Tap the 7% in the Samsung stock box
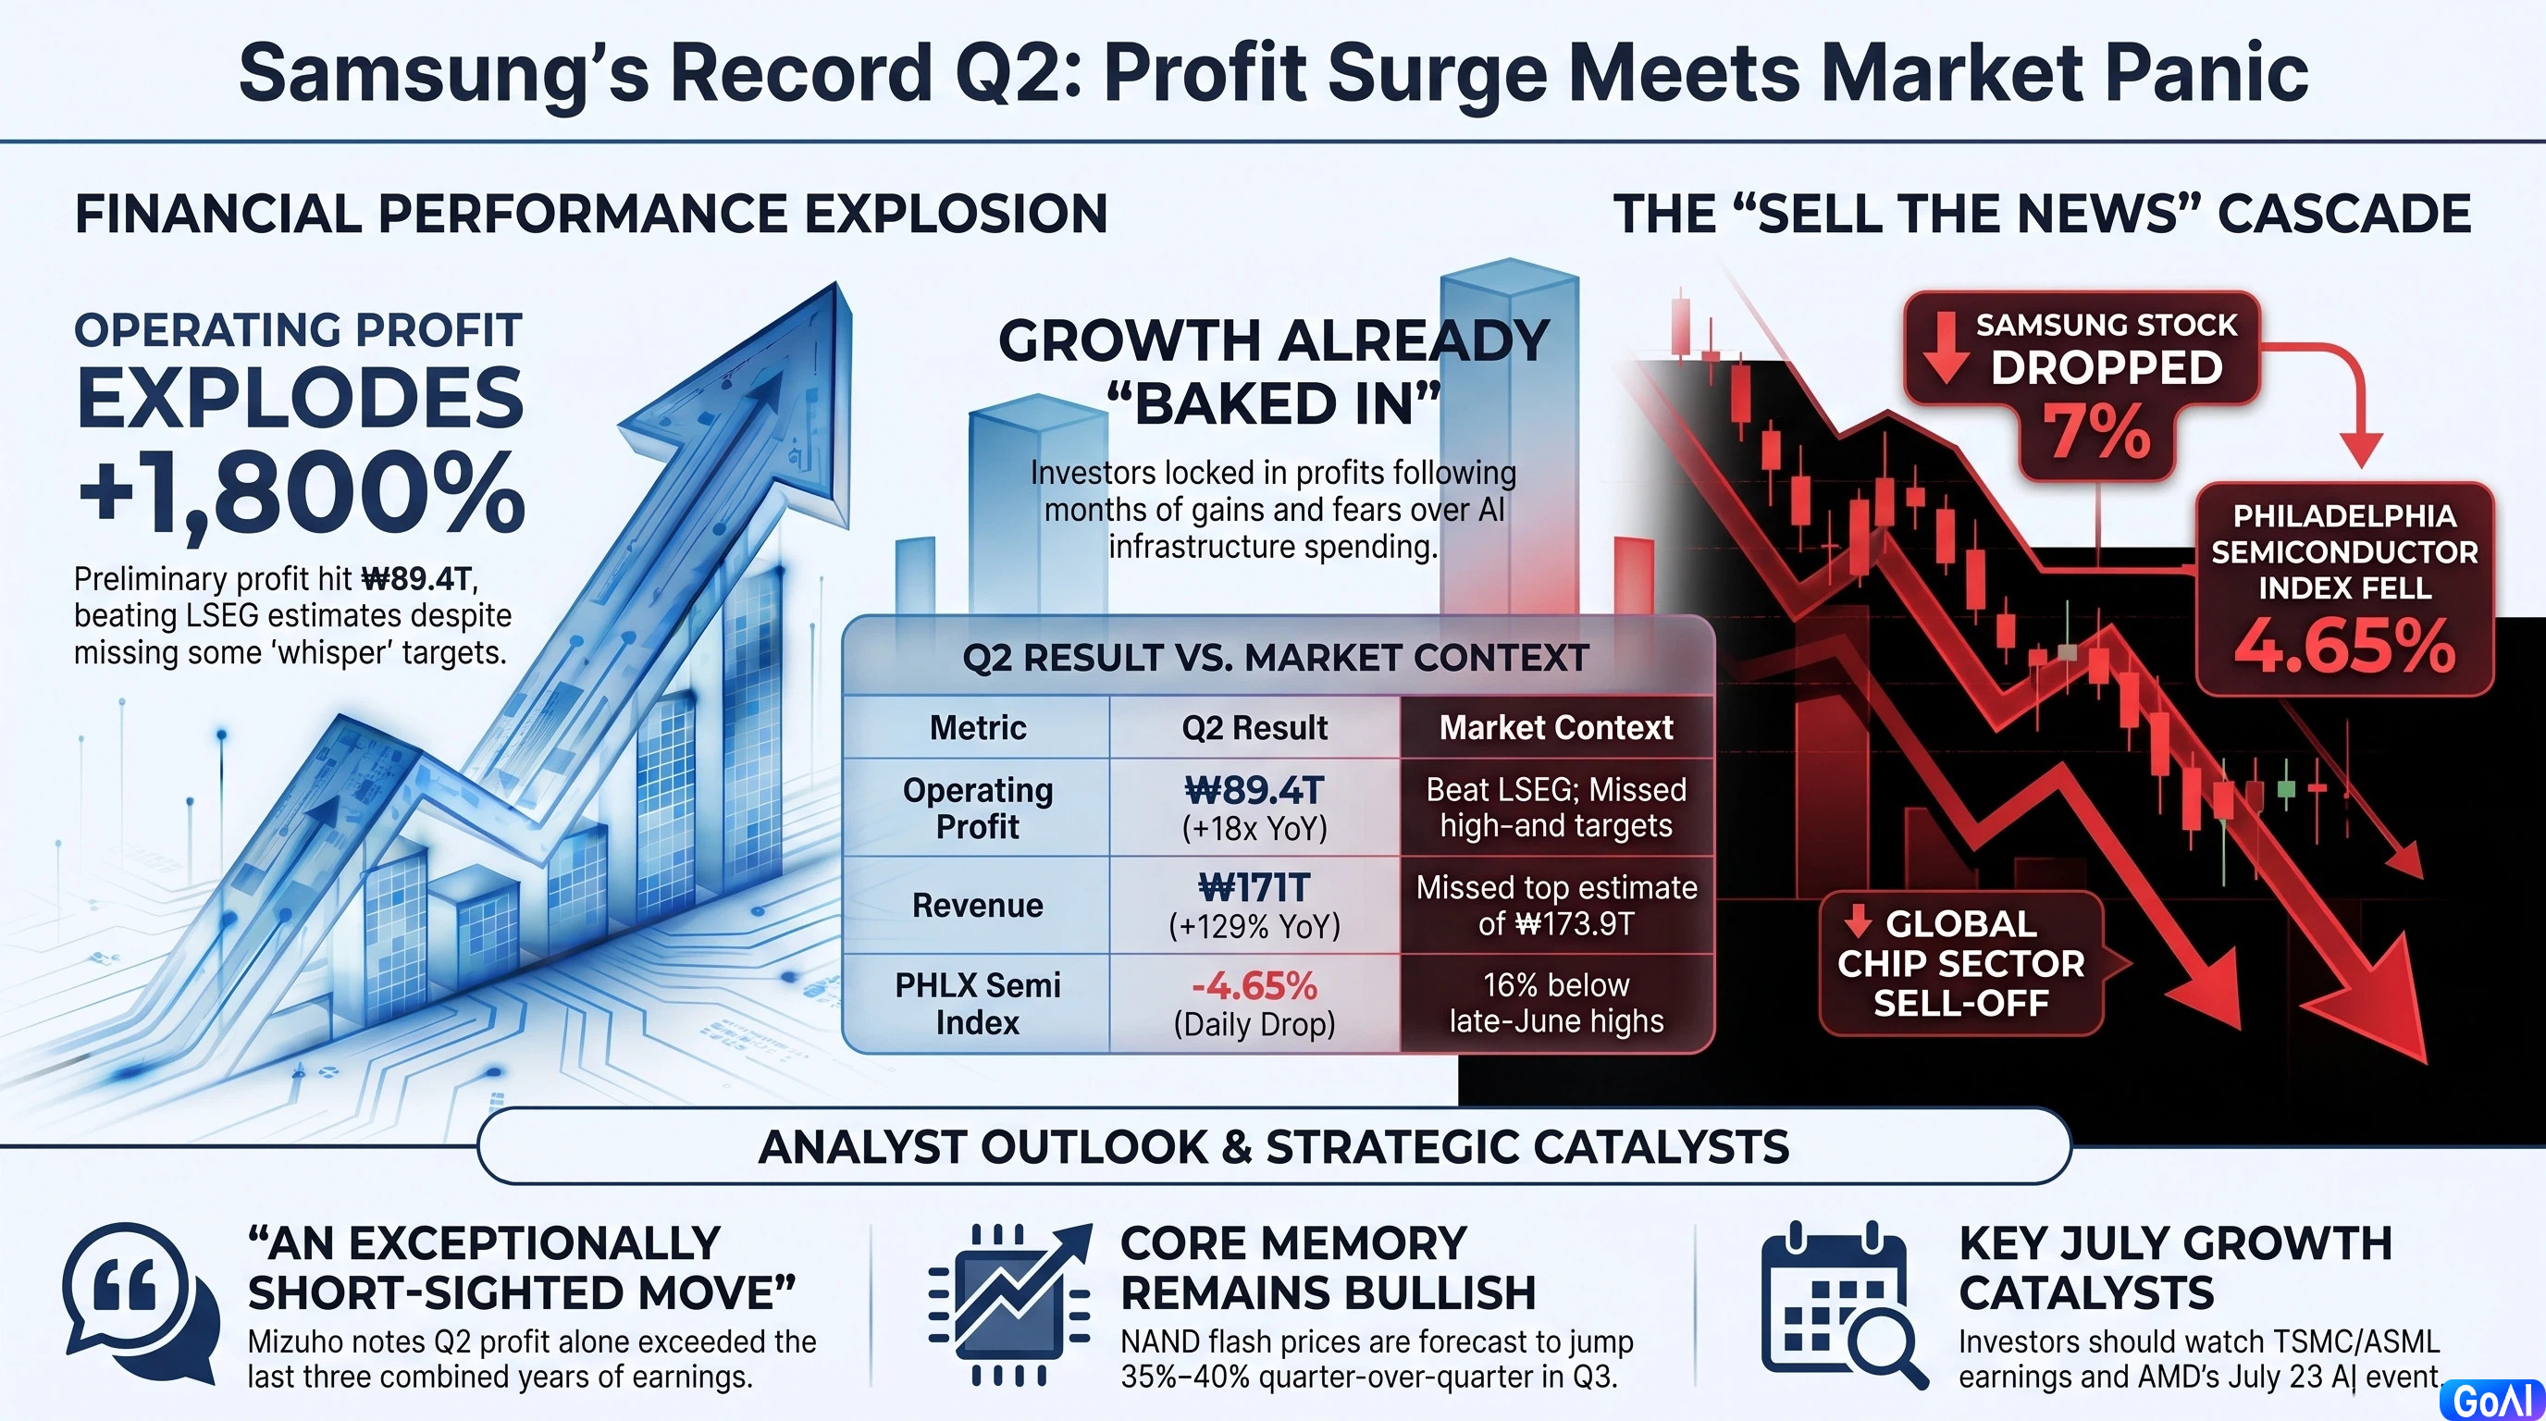click(x=2096, y=432)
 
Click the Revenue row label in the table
click(x=978, y=905)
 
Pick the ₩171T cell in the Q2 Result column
click(x=1254, y=905)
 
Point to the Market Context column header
click(x=1556, y=727)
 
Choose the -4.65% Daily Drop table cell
click(x=1254, y=1003)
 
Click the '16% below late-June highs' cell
click(x=1557, y=1003)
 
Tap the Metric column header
click(x=978, y=727)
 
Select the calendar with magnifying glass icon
click(x=1842, y=1304)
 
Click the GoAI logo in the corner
click(x=2491, y=1401)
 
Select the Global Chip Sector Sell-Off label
click(x=1961, y=963)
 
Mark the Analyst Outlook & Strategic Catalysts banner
click(x=1273, y=1146)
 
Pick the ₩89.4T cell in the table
click(x=1254, y=808)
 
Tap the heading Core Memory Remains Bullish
click(x=1328, y=1267)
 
